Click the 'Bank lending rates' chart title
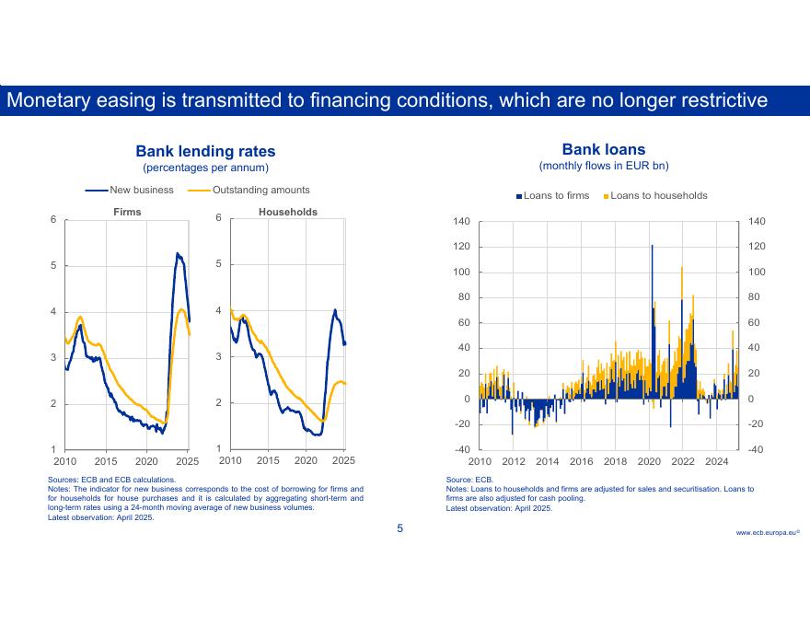[x=205, y=151]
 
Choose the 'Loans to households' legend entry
[x=658, y=196]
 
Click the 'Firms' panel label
[x=127, y=212]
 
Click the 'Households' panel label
[x=287, y=212]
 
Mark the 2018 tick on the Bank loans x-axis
[x=615, y=461]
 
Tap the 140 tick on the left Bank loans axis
[x=461, y=222]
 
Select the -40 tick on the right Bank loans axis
[x=755, y=449]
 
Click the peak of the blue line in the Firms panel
[x=177, y=253]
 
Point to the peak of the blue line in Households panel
[x=335, y=310]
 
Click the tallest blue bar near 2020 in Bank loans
[x=652, y=247]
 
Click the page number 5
[x=399, y=528]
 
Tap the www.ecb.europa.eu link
[x=767, y=533]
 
